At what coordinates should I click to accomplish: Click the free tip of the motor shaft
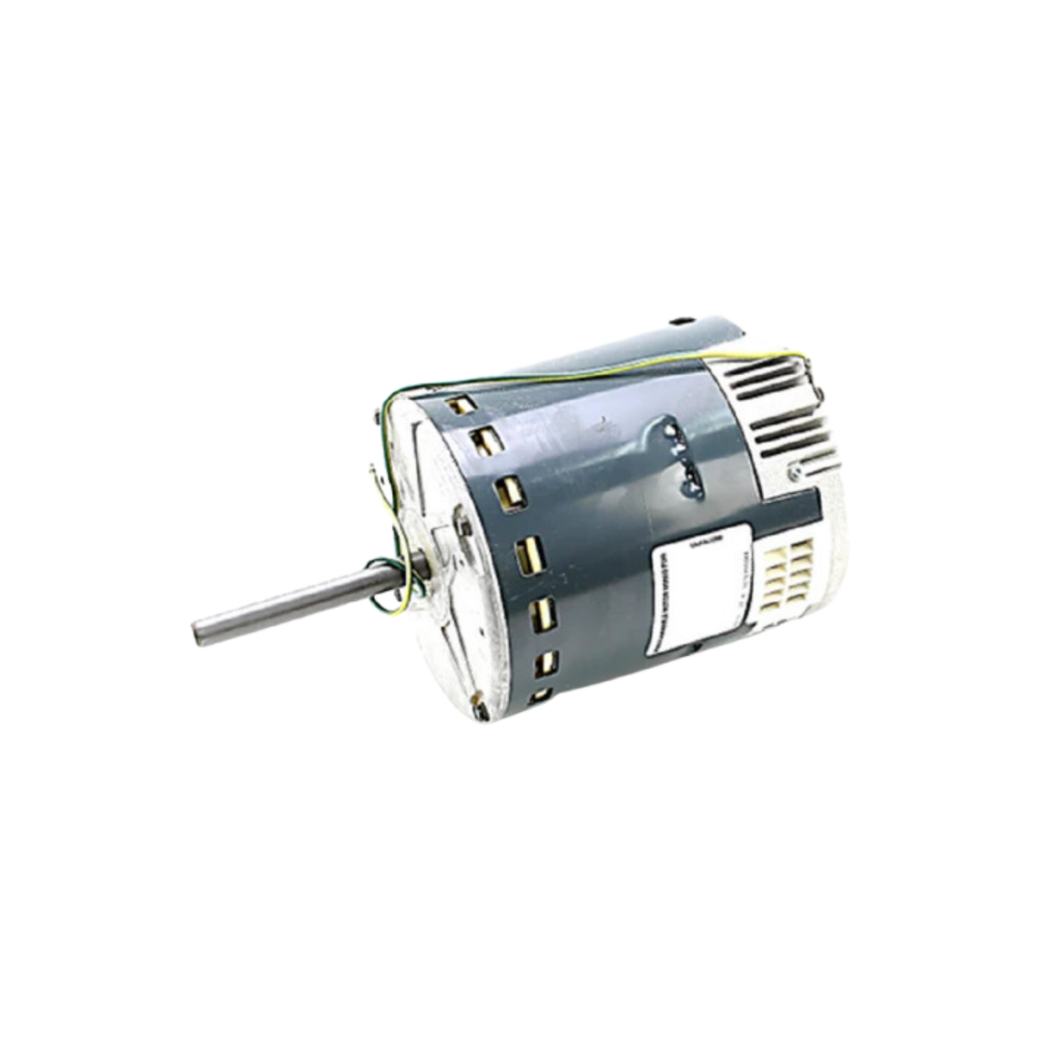(199, 632)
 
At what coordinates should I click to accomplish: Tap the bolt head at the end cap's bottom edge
(482, 710)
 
